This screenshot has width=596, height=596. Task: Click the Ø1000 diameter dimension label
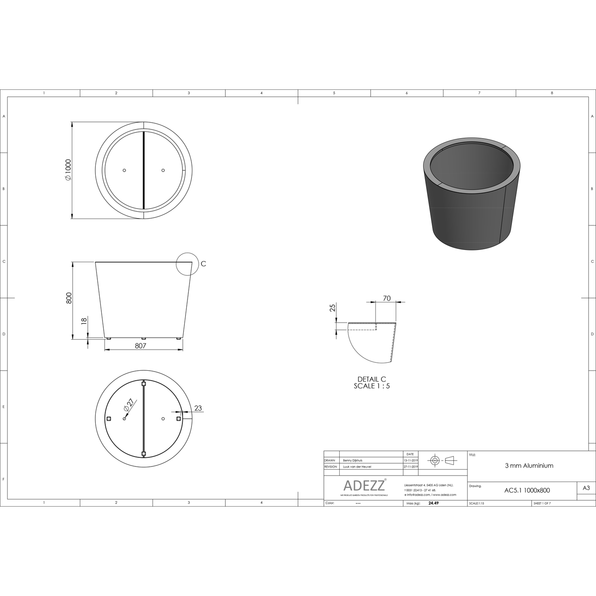[x=67, y=170]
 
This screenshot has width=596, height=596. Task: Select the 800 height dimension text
[x=69, y=298]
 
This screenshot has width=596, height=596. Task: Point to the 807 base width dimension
[x=140, y=346]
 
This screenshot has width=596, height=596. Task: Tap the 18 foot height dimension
[x=84, y=320]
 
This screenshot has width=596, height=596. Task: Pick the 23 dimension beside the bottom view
[x=198, y=408]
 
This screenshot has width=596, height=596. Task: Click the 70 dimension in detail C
[x=387, y=298]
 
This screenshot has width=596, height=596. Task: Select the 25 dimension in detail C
[x=333, y=308]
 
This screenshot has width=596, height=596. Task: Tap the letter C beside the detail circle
[x=203, y=264]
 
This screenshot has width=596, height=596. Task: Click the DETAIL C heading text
[x=372, y=379]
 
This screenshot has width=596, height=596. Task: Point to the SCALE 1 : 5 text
[x=372, y=386]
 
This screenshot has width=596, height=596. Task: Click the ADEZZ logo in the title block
[x=364, y=486]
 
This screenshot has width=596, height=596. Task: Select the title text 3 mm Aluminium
[x=529, y=466]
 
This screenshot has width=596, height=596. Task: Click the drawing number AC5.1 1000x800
[x=527, y=491]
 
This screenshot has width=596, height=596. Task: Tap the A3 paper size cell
[x=586, y=488]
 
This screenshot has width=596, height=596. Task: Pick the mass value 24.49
[x=434, y=503]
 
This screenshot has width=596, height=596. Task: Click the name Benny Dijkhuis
[x=352, y=461]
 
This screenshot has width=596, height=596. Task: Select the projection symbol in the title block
[x=443, y=460]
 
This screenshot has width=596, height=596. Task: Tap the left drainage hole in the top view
[x=124, y=170]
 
